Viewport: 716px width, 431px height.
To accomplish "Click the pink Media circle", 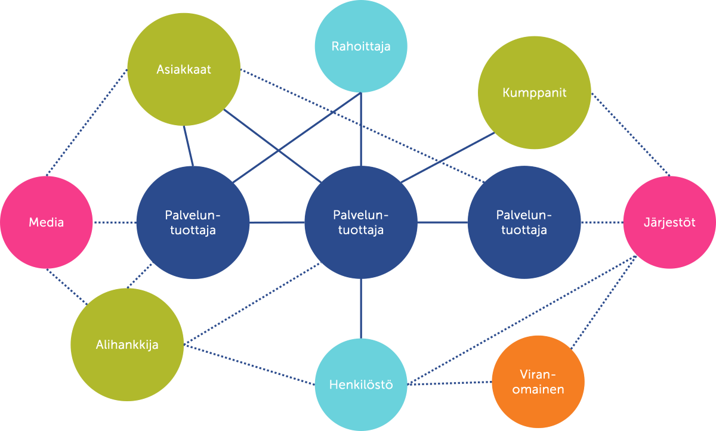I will [x=47, y=222].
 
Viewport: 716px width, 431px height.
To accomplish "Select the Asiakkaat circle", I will [x=184, y=70].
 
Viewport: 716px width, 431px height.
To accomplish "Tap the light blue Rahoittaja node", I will [x=361, y=46].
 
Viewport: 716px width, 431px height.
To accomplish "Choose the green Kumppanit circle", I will [x=534, y=92].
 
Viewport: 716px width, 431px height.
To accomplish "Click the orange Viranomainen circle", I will [x=538, y=382].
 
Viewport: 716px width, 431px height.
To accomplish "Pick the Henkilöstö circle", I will [x=361, y=385].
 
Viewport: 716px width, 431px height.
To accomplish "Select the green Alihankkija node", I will [x=127, y=345].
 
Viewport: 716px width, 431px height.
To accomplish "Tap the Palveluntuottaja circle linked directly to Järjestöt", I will [x=524, y=222].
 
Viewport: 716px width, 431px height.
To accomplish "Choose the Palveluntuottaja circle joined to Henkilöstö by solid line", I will [x=361, y=222].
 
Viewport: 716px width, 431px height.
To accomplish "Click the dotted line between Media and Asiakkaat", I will [x=87, y=122].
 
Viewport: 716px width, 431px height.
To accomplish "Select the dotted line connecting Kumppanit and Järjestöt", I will [x=631, y=135].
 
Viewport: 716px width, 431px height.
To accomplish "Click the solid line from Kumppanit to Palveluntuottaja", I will [x=447, y=158].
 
